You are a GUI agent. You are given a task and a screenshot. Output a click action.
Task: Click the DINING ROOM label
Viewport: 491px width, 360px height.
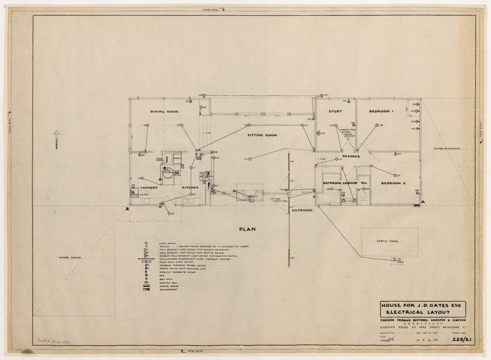coord(164,112)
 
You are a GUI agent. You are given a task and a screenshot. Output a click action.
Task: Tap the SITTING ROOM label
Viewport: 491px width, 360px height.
coord(260,135)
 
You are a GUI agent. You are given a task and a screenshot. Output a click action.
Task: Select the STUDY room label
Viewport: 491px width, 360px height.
coord(336,112)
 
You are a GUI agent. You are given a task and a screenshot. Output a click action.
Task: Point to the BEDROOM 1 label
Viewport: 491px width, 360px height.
coord(381,112)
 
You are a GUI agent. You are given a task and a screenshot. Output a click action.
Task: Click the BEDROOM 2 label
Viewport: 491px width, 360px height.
coord(393,183)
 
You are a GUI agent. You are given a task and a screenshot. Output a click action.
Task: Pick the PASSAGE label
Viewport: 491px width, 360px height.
coord(351,156)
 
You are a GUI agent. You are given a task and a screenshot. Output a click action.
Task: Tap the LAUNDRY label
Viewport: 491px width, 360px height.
coord(148,187)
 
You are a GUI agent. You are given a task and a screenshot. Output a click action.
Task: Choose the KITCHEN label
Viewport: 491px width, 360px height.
coord(190,187)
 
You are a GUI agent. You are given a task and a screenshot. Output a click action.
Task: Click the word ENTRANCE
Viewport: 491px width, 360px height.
coord(302,210)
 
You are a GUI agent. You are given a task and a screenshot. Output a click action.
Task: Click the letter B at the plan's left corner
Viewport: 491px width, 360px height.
coord(127,210)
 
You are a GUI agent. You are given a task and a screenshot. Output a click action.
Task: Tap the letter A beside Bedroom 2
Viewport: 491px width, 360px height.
coord(422,202)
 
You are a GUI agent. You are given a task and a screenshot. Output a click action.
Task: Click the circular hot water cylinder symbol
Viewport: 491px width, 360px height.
coord(168,174)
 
